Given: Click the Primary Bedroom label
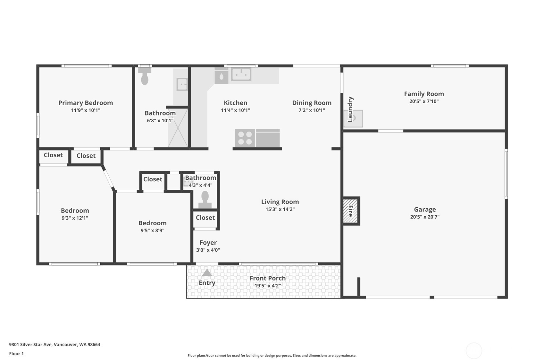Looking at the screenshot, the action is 86,103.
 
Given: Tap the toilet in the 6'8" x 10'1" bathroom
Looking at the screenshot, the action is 145,76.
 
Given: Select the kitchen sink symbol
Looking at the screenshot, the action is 241,74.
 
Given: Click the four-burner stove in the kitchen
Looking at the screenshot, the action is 245,138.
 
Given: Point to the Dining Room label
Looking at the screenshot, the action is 312,103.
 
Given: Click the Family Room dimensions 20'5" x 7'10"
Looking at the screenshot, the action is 424,101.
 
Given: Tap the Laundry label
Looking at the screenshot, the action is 350,109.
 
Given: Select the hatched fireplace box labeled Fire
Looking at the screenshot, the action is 350,211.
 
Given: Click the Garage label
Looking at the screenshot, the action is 425,209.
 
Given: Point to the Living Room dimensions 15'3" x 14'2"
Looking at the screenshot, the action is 280,209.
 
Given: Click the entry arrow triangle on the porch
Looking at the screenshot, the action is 207,272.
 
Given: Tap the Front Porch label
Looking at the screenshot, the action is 268,278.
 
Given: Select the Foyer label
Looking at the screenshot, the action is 208,243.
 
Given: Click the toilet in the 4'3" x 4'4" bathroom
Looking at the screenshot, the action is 205,200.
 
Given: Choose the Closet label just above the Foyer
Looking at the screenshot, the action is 205,218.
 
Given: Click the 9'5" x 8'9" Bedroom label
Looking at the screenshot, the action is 153,223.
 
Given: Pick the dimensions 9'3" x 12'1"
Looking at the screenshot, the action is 75,218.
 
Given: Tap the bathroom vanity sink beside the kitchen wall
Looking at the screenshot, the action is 182,84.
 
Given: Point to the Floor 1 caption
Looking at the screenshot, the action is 17,354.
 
